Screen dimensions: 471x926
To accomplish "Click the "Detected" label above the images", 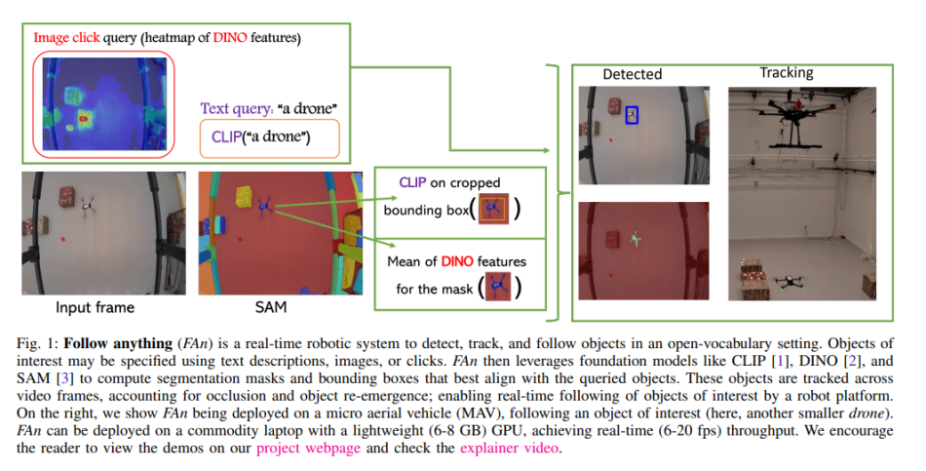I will (x=632, y=74).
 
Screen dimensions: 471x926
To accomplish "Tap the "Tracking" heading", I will (x=786, y=73).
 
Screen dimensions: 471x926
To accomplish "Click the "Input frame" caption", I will (x=94, y=308).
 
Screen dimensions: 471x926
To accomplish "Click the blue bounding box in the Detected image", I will (x=632, y=116).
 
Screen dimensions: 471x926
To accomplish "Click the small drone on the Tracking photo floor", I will (x=789, y=281).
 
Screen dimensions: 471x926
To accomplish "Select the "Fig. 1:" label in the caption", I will (x=37, y=344).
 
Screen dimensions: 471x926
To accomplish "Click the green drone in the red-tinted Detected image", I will (x=636, y=237).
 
